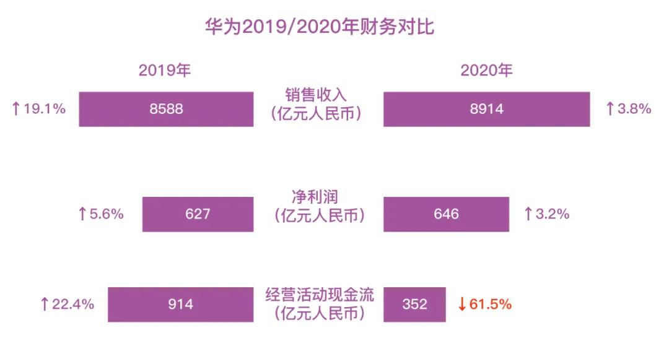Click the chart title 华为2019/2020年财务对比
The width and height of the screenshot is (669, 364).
[x=320, y=27]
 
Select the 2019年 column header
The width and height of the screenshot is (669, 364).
[x=165, y=71]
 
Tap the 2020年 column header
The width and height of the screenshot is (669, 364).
[x=486, y=71]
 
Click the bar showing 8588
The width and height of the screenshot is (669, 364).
[x=166, y=109]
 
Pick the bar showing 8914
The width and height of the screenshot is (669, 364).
[x=486, y=109]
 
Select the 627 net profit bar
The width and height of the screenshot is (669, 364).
[x=198, y=214]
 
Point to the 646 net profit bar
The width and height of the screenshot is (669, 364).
[x=446, y=214]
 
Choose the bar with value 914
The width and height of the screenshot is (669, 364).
[x=180, y=304]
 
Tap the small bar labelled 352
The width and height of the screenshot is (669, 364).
[x=414, y=304]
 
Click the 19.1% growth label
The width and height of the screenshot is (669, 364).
[x=44, y=109]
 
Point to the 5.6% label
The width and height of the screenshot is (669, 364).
[x=107, y=214]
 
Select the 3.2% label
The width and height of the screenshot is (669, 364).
[x=552, y=214]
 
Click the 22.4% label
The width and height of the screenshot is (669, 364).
[x=73, y=304]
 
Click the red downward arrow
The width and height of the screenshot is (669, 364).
[x=461, y=304]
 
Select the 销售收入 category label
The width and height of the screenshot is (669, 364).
[x=317, y=95]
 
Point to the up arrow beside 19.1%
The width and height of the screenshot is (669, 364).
[x=16, y=109]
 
